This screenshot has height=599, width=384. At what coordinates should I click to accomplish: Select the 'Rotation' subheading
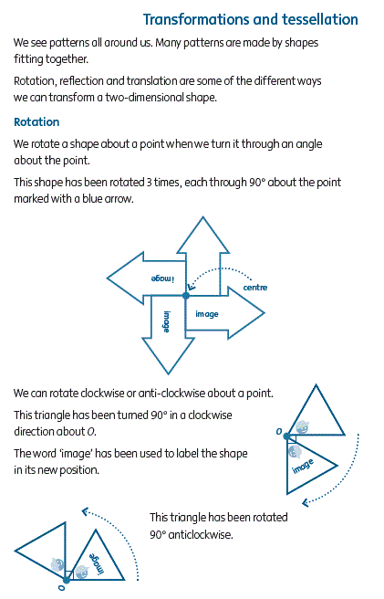point(36,121)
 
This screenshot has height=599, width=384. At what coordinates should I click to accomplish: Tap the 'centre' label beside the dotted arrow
point(255,288)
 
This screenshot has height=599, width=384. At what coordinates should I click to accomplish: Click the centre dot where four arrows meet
point(186,295)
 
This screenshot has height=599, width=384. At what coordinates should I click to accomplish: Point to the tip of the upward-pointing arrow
point(203,217)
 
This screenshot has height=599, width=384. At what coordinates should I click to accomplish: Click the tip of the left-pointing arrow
point(108,278)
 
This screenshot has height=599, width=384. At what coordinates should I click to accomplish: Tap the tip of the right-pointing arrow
point(265,313)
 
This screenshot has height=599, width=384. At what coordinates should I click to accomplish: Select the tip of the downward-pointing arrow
point(168,373)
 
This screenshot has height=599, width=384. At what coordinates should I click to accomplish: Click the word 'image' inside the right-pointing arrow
point(207,314)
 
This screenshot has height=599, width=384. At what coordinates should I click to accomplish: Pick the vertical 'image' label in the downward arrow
point(167,321)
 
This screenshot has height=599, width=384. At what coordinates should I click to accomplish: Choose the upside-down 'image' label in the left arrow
point(162,278)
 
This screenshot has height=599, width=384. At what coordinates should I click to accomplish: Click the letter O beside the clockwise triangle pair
point(279,431)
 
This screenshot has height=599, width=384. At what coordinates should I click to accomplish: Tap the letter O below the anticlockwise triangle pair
point(61,587)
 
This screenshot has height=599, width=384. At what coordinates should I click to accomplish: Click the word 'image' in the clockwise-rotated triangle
point(303,466)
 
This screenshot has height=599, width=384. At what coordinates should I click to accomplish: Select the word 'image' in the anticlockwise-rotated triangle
point(96,564)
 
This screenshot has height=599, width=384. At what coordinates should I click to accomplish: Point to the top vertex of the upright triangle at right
point(317,385)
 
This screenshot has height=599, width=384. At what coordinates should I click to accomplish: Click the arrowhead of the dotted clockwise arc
point(306,503)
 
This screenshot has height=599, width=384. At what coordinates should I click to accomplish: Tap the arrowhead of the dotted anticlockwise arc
point(86,511)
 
